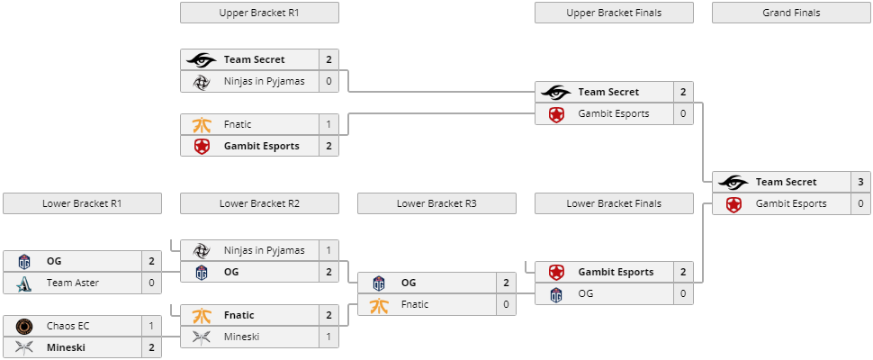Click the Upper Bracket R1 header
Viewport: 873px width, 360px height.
tap(259, 13)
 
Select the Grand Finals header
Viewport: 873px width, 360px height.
tap(791, 13)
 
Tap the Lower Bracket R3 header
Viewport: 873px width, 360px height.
tap(436, 203)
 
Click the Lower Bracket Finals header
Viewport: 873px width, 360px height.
tap(614, 203)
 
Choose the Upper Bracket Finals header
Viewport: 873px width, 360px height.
tap(614, 13)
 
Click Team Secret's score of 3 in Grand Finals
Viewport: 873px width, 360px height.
tap(860, 182)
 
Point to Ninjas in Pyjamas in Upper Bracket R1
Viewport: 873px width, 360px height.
tap(264, 81)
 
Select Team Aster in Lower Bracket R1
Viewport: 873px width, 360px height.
tap(74, 283)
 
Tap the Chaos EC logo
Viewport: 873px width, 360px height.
tap(24, 326)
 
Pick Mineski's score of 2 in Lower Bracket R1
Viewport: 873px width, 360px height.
tap(151, 347)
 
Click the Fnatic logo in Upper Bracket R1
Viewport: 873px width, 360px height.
tap(202, 124)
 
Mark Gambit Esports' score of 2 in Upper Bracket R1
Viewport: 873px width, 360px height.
tap(328, 146)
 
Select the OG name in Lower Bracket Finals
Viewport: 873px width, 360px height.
tap(586, 293)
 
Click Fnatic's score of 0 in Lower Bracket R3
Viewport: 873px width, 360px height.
tap(506, 304)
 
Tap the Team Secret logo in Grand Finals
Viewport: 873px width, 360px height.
tap(733, 182)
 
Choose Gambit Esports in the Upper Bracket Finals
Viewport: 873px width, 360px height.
tap(614, 113)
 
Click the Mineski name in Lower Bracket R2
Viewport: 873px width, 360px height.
tap(243, 337)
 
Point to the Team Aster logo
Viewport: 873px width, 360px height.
tap(24, 283)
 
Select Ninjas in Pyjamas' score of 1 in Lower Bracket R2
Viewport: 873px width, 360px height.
tap(328, 250)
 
